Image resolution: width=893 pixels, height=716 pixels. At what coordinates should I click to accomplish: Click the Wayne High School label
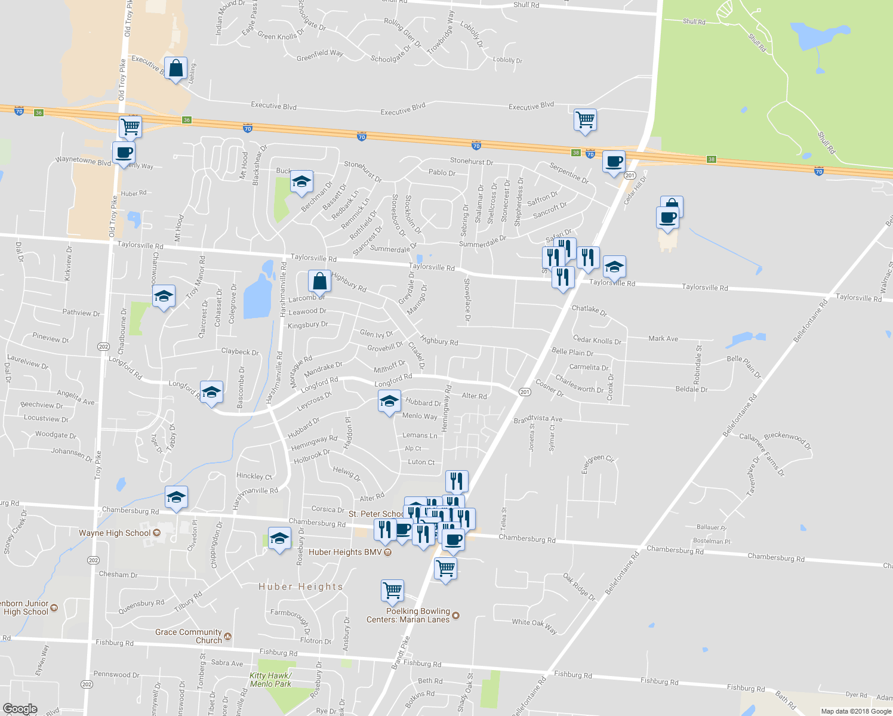click(x=115, y=533)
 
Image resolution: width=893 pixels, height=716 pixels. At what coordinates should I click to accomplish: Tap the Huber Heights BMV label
click(x=345, y=552)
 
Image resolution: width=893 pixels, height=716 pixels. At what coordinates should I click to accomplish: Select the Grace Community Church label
click(x=189, y=636)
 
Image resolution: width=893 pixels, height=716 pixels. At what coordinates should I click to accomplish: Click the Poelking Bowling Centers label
click(x=408, y=615)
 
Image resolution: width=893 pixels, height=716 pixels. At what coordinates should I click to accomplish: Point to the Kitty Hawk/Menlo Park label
click(x=270, y=680)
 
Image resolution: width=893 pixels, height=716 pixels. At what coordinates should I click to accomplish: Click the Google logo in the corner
click(x=20, y=709)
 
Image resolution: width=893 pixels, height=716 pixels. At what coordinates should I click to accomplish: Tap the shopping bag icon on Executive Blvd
click(x=175, y=69)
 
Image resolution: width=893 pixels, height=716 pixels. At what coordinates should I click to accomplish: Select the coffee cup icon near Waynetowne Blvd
click(x=124, y=152)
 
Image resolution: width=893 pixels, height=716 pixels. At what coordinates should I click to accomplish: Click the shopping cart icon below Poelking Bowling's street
click(x=392, y=590)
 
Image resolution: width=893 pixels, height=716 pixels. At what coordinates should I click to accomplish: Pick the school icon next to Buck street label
click(x=301, y=181)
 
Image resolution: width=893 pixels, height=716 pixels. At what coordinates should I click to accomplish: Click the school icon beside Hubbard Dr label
click(x=389, y=401)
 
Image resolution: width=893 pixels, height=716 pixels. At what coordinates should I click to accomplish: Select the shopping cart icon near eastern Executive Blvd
click(x=585, y=119)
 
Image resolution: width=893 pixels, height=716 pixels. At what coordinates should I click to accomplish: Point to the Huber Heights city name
click(x=301, y=587)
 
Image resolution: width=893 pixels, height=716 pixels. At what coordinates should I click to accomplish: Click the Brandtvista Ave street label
click(x=538, y=419)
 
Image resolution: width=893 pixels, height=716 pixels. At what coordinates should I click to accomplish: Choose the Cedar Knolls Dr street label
click(x=597, y=340)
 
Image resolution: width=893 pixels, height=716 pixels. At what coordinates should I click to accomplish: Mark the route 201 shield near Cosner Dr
click(x=525, y=392)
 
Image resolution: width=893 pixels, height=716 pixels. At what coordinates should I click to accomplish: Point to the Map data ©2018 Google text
click(x=856, y=711)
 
